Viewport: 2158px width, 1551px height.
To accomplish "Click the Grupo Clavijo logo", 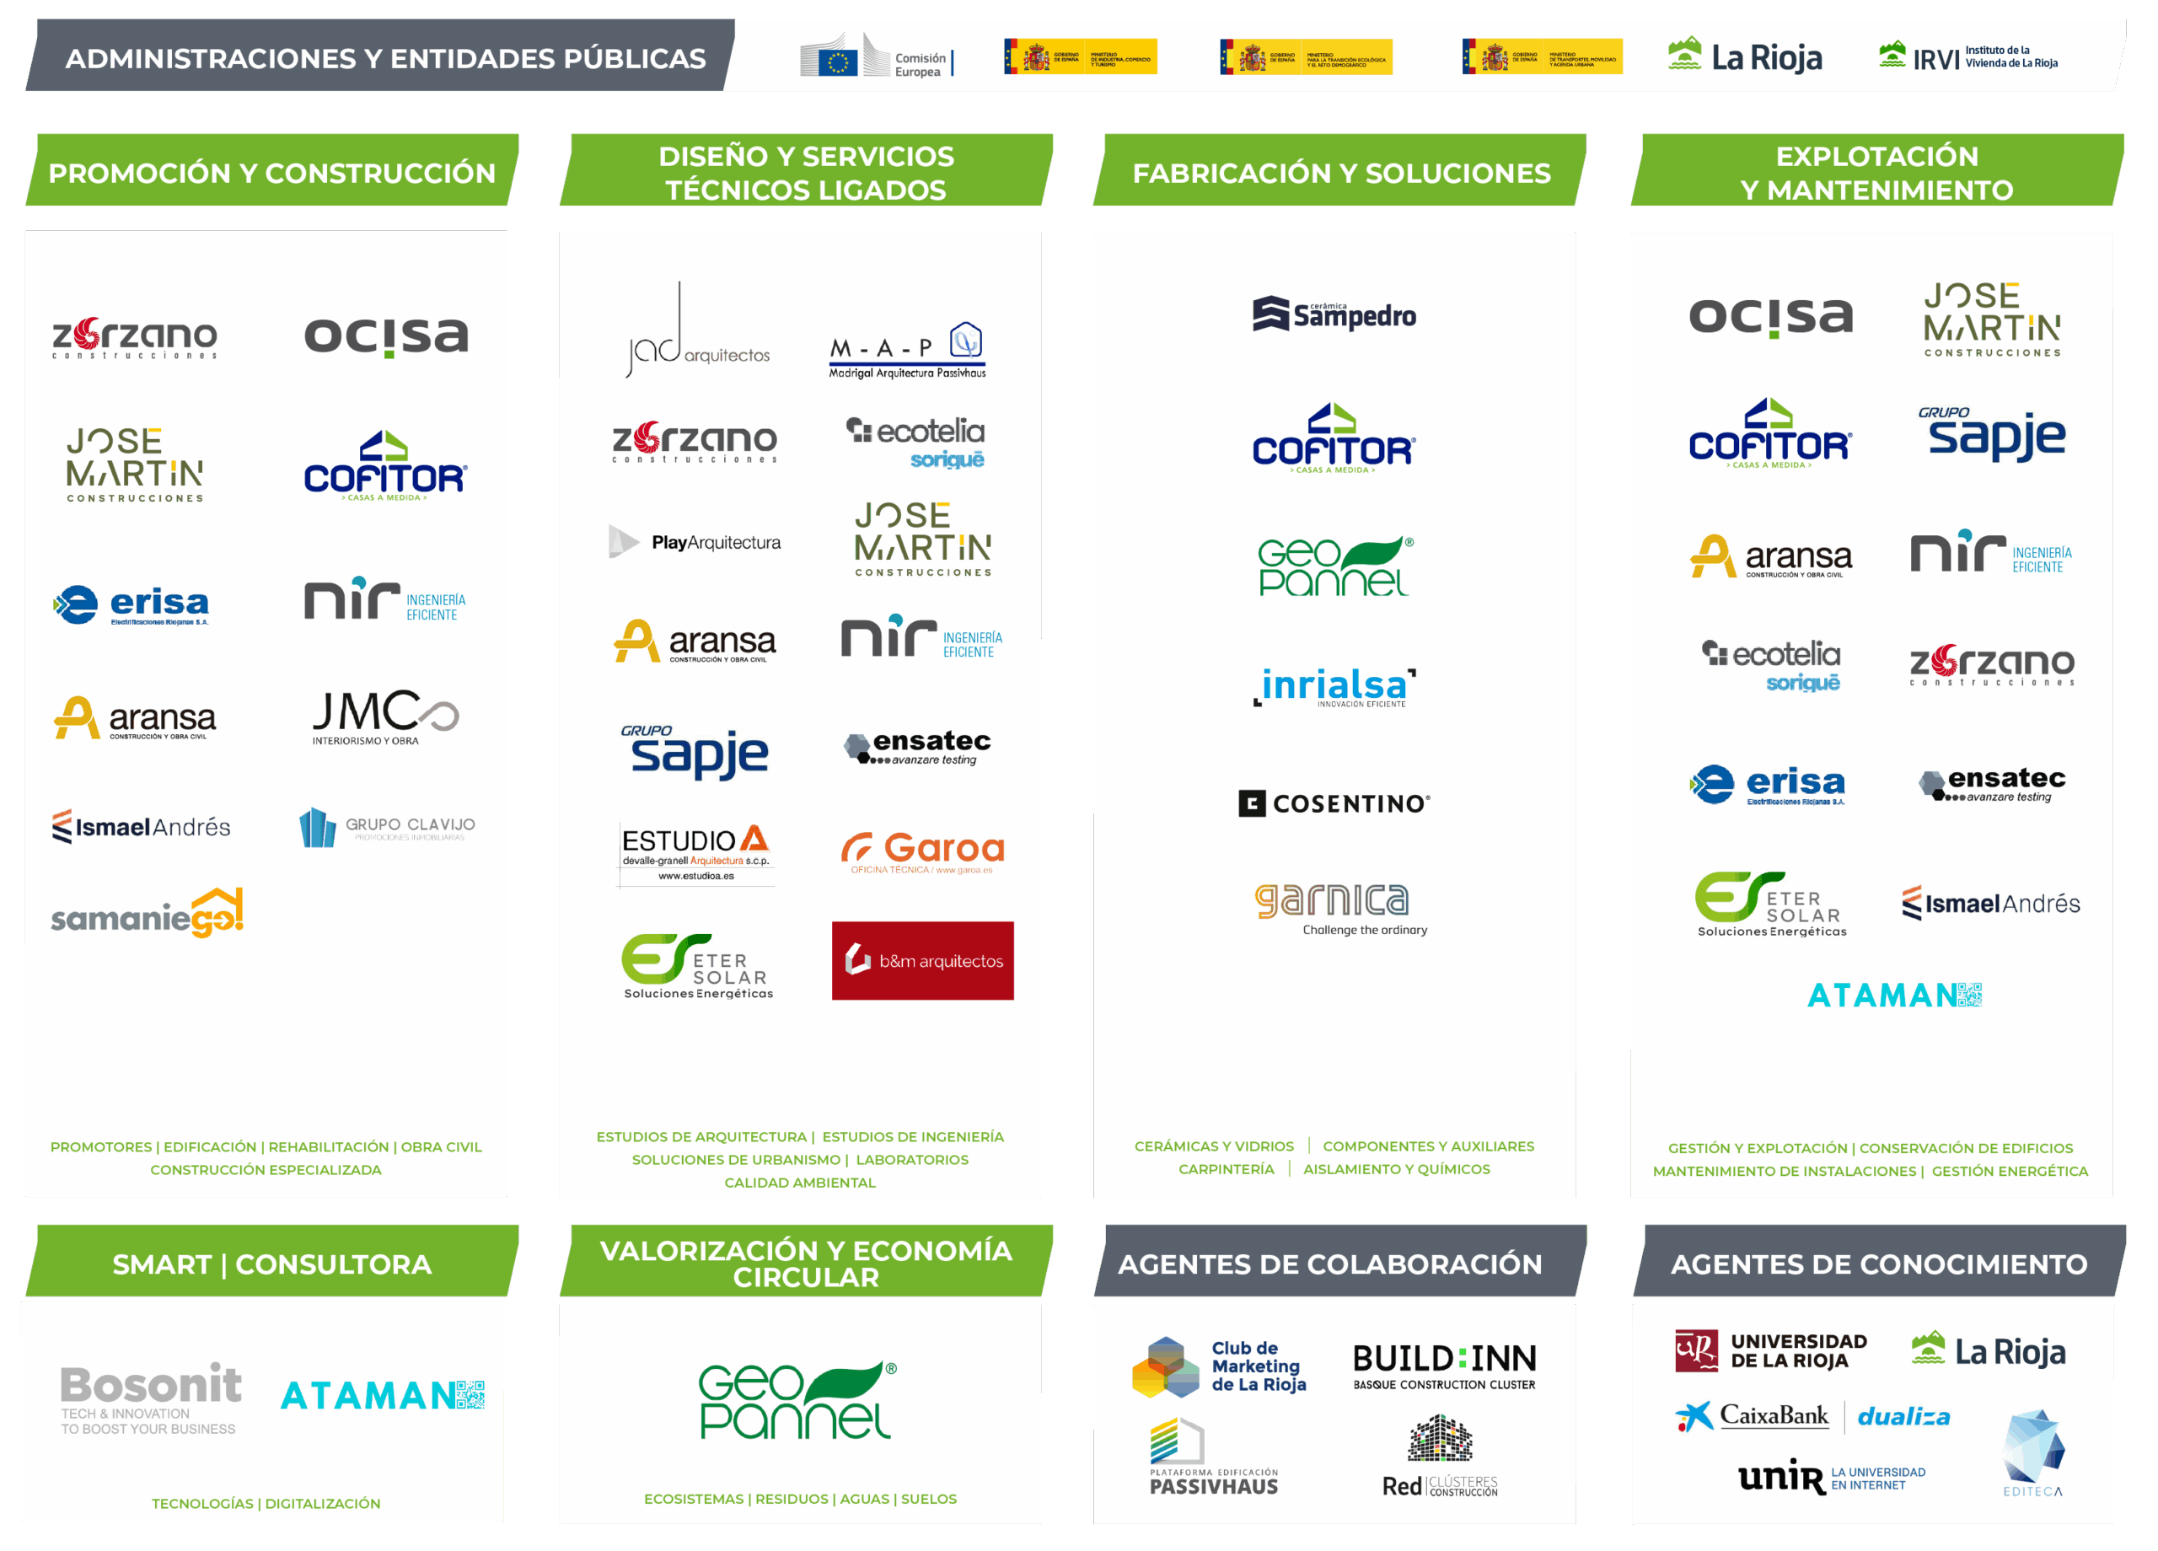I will click(386, 827).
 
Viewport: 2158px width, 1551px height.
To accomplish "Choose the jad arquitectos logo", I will click(696, 333).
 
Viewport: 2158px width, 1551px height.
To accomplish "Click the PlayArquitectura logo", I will click(695, 542).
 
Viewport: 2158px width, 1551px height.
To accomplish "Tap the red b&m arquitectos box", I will click(922, 960).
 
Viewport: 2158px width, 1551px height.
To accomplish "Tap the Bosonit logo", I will click(150, 1397).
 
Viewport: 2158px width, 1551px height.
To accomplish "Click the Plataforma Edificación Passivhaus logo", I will click(1213, 1456).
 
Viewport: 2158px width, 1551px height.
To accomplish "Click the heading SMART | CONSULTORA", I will click(271, 1264).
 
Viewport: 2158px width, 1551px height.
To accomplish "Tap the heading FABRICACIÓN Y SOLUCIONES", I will click(1340, 172).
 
